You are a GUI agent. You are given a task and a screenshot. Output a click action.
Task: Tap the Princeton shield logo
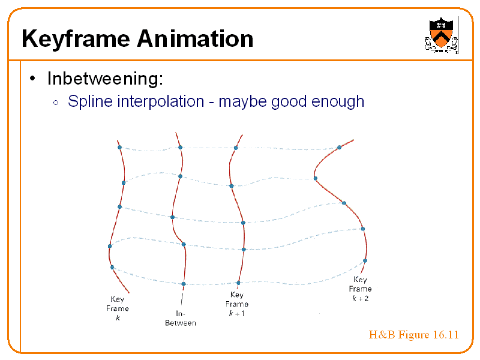(x=441, y=35)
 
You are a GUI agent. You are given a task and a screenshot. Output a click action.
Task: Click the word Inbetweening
(x=106, y=79)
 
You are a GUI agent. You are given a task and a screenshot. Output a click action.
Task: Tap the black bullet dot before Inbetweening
(x=34, y=79)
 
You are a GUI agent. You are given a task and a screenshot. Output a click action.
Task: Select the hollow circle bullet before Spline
(x=55, y=102)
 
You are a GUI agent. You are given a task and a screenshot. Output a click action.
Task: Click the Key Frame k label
(x=118, y=308)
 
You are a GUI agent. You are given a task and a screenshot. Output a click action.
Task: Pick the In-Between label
(x=181, y=318)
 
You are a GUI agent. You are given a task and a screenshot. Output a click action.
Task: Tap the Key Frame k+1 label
(x=237, y=304)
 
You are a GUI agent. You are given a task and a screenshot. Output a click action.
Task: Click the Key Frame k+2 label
(x=360, y=289)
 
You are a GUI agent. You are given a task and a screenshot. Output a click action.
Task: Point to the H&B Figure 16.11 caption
(x=413, y=335)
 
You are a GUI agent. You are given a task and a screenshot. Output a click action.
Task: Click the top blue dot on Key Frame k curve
(x=119, y=147)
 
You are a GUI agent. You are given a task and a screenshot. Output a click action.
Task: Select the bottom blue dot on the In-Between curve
(x=184, y=284)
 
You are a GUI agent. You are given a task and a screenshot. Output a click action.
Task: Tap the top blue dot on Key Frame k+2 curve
(x=339, y=147)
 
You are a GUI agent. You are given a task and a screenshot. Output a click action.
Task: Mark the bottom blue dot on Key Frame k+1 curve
(x=238, y=283)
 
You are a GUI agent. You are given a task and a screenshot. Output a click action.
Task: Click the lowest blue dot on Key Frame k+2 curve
(x=365, y=260)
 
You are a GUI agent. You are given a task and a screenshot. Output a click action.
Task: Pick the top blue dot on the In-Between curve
(x=180, y=147)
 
